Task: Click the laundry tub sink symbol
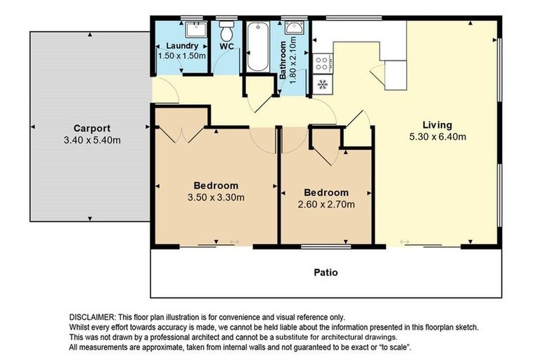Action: click(x=195, y=29)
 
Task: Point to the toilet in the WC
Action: click(x=226, y=32)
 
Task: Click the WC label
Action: click(x=226, y=46)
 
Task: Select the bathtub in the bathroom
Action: click(x=256, y=46)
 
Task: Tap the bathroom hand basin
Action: click(x=296, y=29)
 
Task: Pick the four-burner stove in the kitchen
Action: click(x=323, y=63)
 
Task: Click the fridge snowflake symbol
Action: click(x=323, y=84)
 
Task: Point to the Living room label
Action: click(x=437, y=125)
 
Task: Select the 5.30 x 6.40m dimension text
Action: click(x=437, y=137)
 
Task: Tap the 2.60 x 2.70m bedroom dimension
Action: click(x=325, y=205)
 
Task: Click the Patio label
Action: click(x=326, y=271)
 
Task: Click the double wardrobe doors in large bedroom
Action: click(x=181, y=134)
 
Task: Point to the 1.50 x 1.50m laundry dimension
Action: click(x=181, y=56)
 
